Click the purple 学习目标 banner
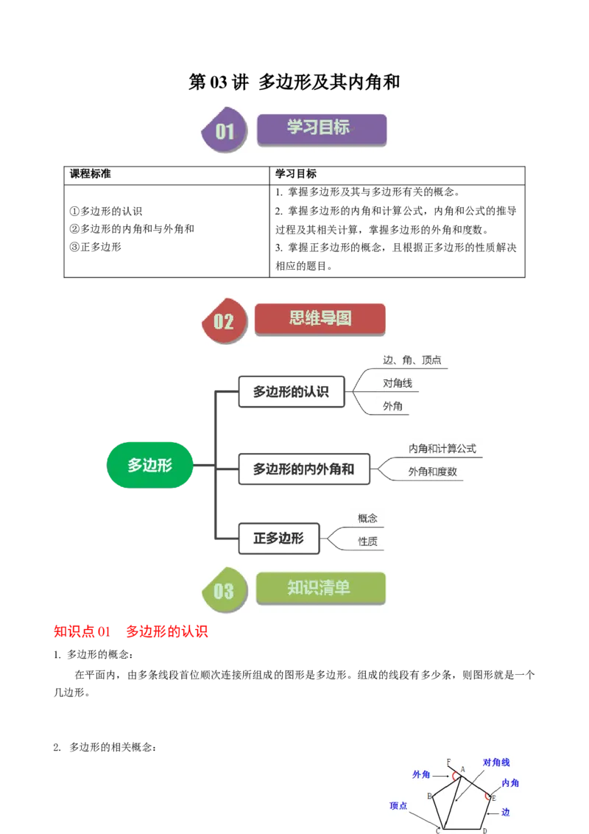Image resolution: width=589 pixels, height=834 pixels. (x=321, y=128)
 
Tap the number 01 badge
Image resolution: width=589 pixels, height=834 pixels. (x=224, y=131)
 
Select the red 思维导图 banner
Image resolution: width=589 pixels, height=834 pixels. (x=320, y=319)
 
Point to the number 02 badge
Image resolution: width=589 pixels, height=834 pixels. (x=224, y=321)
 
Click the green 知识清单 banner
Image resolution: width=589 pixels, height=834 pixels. (x=320, y=588)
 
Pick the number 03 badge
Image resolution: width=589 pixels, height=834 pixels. (x=224, y=590)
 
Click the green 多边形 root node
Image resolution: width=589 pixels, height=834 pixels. (x=149, y=465)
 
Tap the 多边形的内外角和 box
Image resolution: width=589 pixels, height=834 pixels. (x=303, y=469)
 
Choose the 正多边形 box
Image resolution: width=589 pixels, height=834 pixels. (x=278, y=539)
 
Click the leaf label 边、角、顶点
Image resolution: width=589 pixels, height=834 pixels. (x=412, y=360)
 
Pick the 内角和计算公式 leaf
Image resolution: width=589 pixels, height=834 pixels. (x=442, y=448)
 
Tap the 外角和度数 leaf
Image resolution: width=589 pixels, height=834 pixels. (x=433, y=472)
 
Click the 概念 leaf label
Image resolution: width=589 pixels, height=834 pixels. (x=367, y=518)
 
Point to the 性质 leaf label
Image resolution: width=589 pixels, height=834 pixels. (x=367, y=542)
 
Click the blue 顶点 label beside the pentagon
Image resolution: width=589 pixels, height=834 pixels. (x=398, y=805)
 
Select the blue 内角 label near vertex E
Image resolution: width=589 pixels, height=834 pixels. (x=510, y=783)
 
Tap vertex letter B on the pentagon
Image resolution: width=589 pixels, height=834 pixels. (x=429, y=796)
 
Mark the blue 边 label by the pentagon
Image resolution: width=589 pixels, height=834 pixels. (x=506, y=812)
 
